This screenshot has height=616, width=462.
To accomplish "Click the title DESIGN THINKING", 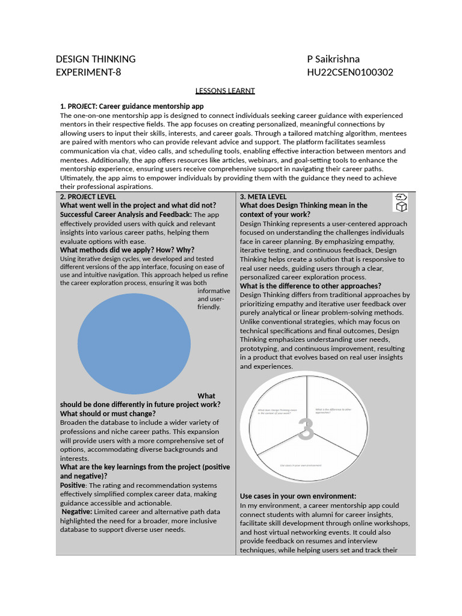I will coord(96,59).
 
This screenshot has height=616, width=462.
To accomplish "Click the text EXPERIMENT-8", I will coord(92,72).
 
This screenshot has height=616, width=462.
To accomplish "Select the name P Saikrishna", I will coord(333,59).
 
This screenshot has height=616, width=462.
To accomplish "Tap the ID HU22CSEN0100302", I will coord(350,72).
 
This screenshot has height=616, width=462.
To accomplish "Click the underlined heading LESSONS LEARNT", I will coord(225,91).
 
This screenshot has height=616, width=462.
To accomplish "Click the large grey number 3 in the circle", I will coord(306,430).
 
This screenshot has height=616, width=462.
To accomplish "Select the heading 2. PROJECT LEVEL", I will coord(88,197).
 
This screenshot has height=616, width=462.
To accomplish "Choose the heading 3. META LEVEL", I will coord(263,197).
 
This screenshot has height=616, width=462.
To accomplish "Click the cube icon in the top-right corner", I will coord(401,207).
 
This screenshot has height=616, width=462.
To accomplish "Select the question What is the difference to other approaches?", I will coord(310,286).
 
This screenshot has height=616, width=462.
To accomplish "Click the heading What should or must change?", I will coord(108,413).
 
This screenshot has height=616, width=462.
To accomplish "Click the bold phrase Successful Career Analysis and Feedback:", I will coord(126,214).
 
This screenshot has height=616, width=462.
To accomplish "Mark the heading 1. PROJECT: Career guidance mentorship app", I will coord(132,106).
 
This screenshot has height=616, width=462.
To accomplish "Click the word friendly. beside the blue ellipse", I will coord(209,307).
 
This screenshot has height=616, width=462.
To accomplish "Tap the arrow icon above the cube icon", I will coord(401,197).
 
